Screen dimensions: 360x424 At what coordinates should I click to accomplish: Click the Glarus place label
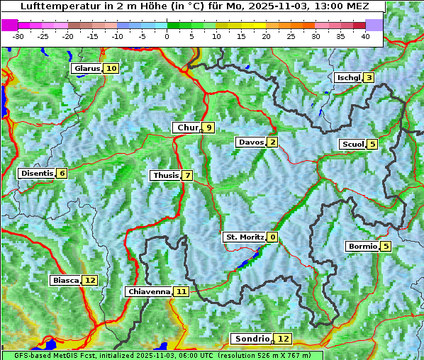click(x=86, y=69)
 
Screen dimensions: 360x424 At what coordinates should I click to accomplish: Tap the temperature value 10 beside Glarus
click(x=111, y=69)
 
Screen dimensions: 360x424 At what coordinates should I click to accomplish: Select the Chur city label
click(x=186, y=128)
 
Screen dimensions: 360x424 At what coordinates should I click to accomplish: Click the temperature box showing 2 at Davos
click(x=272, y=142)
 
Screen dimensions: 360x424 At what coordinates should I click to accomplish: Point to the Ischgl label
click(x=348, y=78)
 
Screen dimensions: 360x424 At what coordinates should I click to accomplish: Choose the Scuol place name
click(x=352, y=145)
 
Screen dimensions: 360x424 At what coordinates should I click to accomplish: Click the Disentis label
click(x=37, y=174)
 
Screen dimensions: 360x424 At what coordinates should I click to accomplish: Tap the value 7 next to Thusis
click(x=187, y=176)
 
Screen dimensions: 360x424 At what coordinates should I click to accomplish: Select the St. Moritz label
click(x=244, y=237)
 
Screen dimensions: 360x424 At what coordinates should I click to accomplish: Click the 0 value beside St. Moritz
click(x=273, y=237)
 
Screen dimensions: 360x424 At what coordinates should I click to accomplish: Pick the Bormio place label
click(x=362, y=247)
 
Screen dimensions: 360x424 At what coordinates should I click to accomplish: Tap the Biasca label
click(x=65, y=281)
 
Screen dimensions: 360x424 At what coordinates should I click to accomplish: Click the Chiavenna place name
click(x=149, y=291)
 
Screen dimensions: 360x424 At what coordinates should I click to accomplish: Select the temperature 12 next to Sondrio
click(x=283, y=339)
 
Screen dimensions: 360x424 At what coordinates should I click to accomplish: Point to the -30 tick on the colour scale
click(x=18, y=36)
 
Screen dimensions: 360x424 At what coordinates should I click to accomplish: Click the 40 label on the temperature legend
click(x=365, y=36)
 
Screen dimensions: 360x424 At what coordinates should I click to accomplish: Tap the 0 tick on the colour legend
click(x=167, y=36)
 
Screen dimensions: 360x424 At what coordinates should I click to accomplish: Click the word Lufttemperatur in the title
click(x=54, y=6)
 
